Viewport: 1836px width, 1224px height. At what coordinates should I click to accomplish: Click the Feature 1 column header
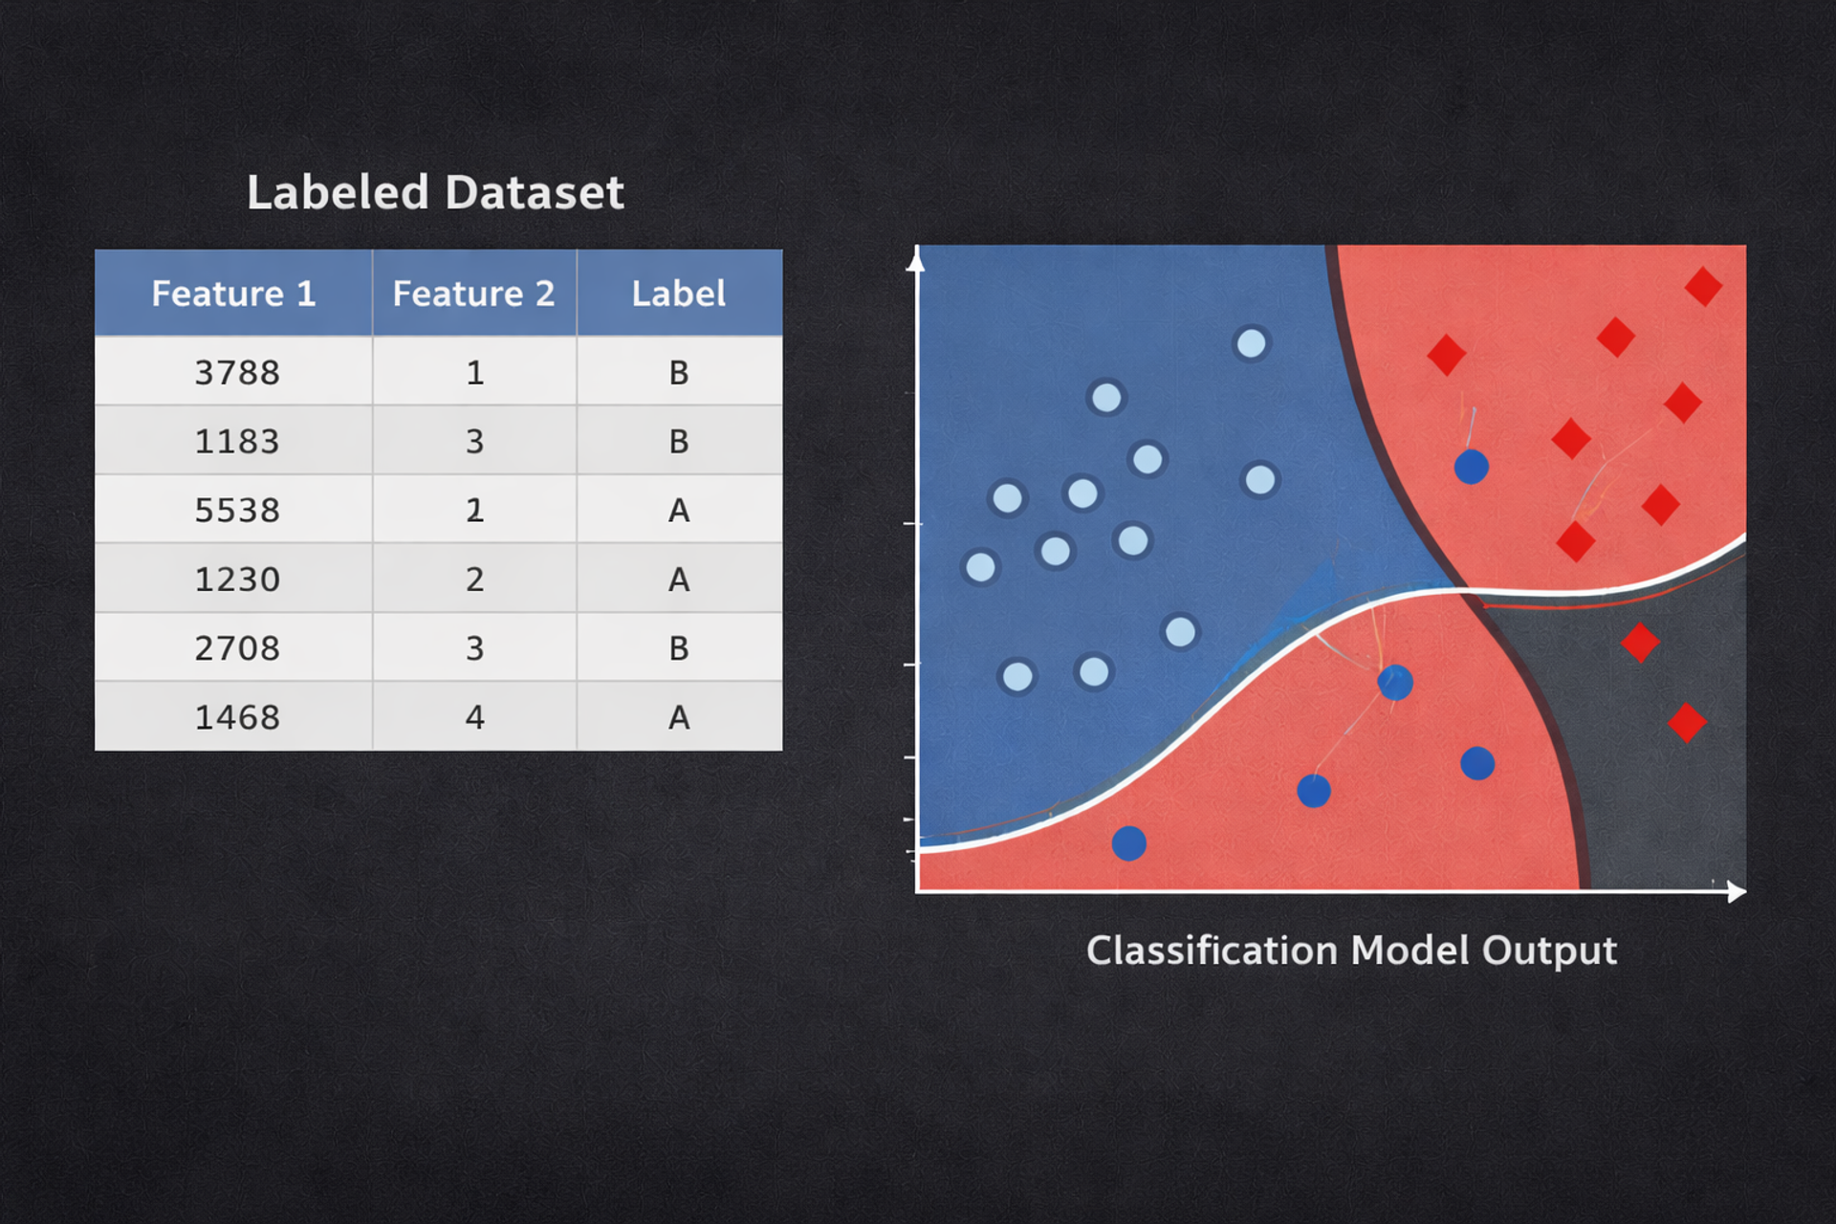point(233,293)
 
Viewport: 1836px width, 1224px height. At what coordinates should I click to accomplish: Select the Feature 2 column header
point(474,293)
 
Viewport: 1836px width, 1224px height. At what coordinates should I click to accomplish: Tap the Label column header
point(679,293)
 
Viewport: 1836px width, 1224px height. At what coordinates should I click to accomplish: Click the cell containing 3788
point(237,371)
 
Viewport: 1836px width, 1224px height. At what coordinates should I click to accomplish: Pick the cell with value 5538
point(237,510)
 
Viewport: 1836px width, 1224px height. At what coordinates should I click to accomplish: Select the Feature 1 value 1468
point(237,716)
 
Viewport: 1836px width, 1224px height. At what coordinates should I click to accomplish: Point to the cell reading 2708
point(237,647)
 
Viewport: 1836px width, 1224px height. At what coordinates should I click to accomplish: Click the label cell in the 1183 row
point(679,441)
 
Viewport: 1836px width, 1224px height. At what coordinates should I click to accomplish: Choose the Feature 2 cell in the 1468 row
point(474,716)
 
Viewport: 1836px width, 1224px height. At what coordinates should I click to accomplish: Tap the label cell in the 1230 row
point(679,579)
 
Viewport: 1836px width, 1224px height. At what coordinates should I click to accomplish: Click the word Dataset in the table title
point(535,191)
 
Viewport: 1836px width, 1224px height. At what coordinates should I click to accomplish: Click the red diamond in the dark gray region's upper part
point(1640,642)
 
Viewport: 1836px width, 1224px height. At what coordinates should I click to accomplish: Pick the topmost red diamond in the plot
point(1703,286)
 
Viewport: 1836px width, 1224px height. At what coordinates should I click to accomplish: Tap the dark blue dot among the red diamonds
point(1471,467)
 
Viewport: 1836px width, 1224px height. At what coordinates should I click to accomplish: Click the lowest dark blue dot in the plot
point(1129,843)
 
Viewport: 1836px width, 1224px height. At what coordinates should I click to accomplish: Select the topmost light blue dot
point(1251,343)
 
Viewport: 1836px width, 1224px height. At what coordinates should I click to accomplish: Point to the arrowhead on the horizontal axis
point(1738,892)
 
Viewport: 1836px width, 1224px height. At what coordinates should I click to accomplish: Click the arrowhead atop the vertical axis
point(916,258)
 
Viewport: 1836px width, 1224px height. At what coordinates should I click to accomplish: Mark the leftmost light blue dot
point(980,567)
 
